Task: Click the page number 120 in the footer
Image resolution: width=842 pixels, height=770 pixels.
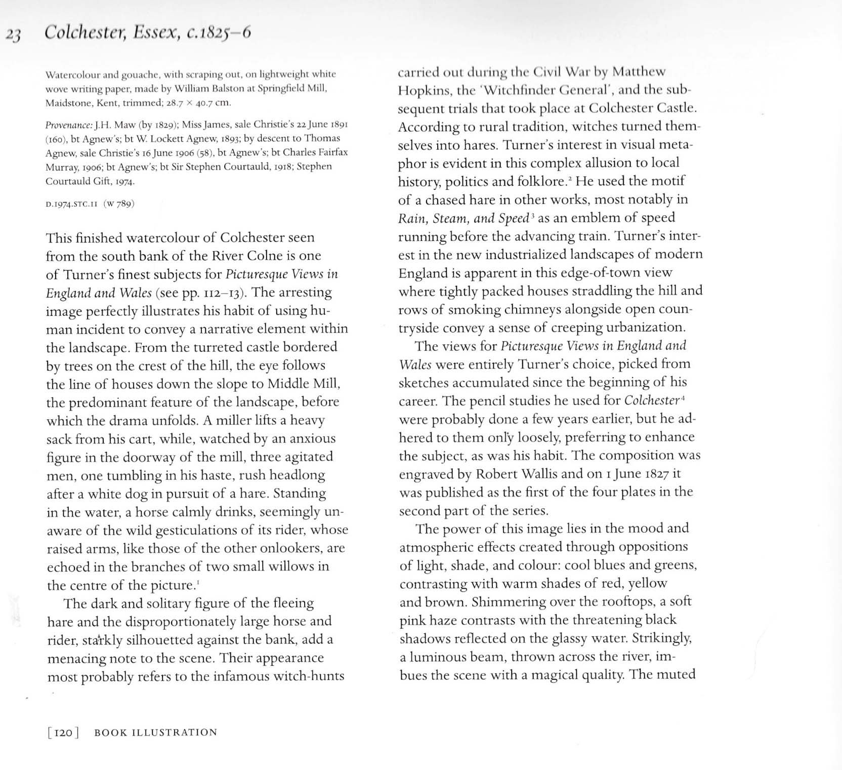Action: click(63, 733)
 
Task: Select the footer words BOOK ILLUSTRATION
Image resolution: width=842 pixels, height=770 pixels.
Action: click(155, 733)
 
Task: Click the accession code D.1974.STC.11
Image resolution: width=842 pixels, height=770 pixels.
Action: click(71, 204)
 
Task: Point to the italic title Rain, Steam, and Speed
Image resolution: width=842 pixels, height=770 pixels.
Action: click(464, 219)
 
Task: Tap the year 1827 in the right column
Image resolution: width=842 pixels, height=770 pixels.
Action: click(649, 474)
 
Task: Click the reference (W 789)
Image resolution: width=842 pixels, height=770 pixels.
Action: click(119, 204)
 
